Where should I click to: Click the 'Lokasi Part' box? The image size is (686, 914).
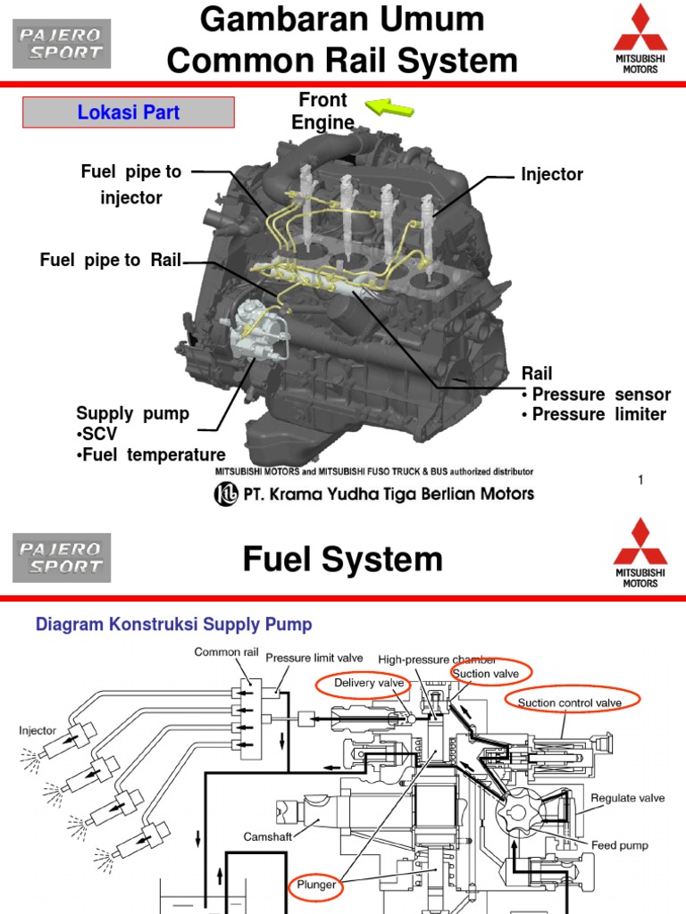[x=128, y=112]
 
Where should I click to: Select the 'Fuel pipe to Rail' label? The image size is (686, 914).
[x=111, y=260]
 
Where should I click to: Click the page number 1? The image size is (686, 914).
[x=640, y=481]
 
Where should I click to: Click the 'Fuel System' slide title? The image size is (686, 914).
[x=343, y=560]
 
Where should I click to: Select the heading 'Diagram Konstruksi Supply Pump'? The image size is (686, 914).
[x=173, y=624]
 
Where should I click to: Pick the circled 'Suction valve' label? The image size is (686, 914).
[x=490, y=672]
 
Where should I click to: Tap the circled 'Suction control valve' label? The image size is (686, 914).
[x=569, y=702]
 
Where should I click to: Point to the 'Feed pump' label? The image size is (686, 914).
[x=620, y=844]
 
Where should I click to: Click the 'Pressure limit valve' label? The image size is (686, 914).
[x=314, y=657]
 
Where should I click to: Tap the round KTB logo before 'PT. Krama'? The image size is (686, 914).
[x=225, y=494]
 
